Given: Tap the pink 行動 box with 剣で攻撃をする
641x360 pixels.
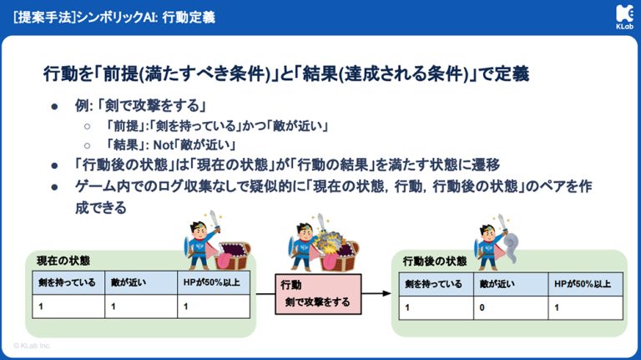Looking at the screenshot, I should (318, 294).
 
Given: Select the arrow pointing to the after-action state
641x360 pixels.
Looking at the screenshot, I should (377, 294).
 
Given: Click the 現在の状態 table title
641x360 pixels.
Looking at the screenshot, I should (64, 261).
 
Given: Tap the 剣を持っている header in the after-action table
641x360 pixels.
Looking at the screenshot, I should (433, 284).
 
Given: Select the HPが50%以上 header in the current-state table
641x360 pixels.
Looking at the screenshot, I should (210, 282).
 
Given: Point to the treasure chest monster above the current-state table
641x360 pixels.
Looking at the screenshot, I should (235, 253).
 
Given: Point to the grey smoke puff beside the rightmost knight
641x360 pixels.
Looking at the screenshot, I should (511, 243).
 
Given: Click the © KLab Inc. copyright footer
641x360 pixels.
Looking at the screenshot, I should (32, 344).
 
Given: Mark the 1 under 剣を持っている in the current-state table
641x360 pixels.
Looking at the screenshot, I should (37, 307).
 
